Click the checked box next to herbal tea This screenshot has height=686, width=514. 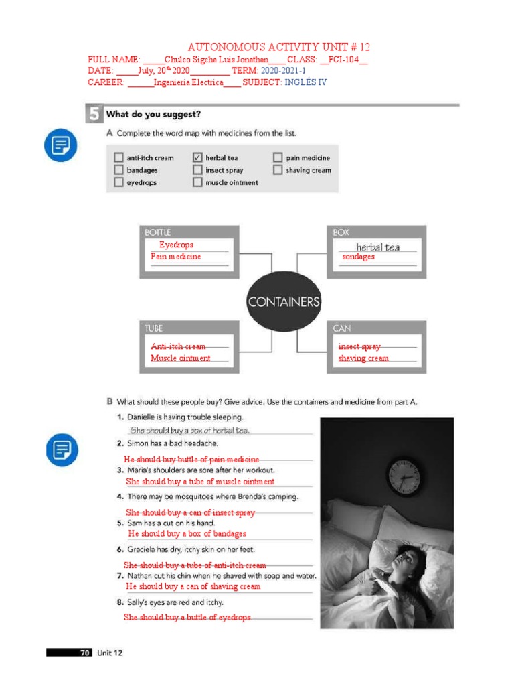[x=197, y=158]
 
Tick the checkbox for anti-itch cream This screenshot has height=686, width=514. [x=118, y=158]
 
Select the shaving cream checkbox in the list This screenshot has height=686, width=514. [x=278, y=170]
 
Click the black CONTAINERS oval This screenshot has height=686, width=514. [x=284, y=302]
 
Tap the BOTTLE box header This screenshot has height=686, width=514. [x=159, y=232]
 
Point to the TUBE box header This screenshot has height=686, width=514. [x=154, y=328]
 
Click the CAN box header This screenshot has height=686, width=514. [x=342, y=328]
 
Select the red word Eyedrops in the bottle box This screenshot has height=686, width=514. [x=176, y=245]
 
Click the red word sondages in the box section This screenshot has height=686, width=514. [x=358, y=257]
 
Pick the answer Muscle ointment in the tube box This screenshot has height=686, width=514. [x=180, y=358]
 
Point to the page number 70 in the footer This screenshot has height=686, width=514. [x=85, y=653]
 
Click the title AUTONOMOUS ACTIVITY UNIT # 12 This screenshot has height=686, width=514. [x=278, y=47]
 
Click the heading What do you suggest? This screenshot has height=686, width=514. [x=153, y=114]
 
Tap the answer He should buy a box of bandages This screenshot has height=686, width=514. [x=187, y=534]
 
